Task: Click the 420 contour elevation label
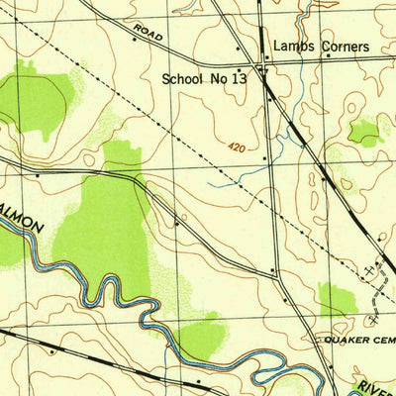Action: click(x=234, y=145)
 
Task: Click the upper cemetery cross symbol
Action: click(x=370, y=268)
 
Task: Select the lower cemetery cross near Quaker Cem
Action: click(x=373, y=318)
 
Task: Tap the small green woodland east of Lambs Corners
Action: click(x=365, y=130)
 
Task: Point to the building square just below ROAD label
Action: click(x=135, y=42)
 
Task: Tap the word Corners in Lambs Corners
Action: click(x=340, y=47)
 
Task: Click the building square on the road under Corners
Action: click(x=330, y=57)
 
